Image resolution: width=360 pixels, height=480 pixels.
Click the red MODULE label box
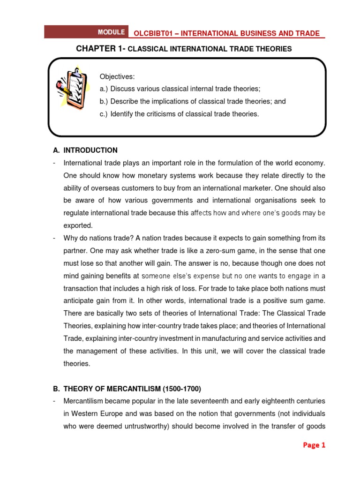coord(111,32)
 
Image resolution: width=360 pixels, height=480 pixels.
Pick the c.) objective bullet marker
coord(104,114)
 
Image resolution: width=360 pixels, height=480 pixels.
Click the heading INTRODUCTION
coord(90,150)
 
